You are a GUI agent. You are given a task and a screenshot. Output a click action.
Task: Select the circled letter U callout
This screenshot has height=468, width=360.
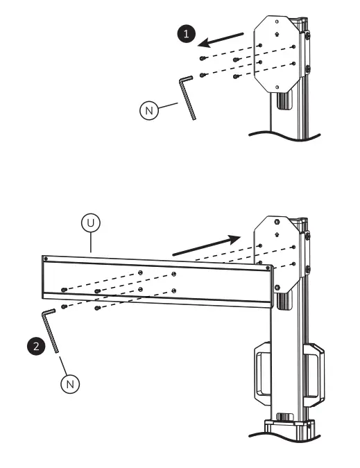[x=89, y=223]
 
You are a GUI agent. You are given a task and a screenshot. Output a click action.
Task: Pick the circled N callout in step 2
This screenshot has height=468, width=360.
[x=70, y=382]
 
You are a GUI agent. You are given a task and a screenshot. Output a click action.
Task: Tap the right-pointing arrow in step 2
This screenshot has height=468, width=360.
[x=207, y=245]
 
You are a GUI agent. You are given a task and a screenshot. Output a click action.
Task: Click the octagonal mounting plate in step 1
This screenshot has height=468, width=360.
[x=277, y=56]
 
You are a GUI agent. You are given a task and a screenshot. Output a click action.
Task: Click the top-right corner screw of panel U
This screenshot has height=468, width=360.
[x=268, y=267]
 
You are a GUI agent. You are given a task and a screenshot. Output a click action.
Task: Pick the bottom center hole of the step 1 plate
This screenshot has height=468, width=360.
[x=277, y=87]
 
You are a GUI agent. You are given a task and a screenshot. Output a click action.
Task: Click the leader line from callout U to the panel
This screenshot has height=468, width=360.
[x=91, y=243]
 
